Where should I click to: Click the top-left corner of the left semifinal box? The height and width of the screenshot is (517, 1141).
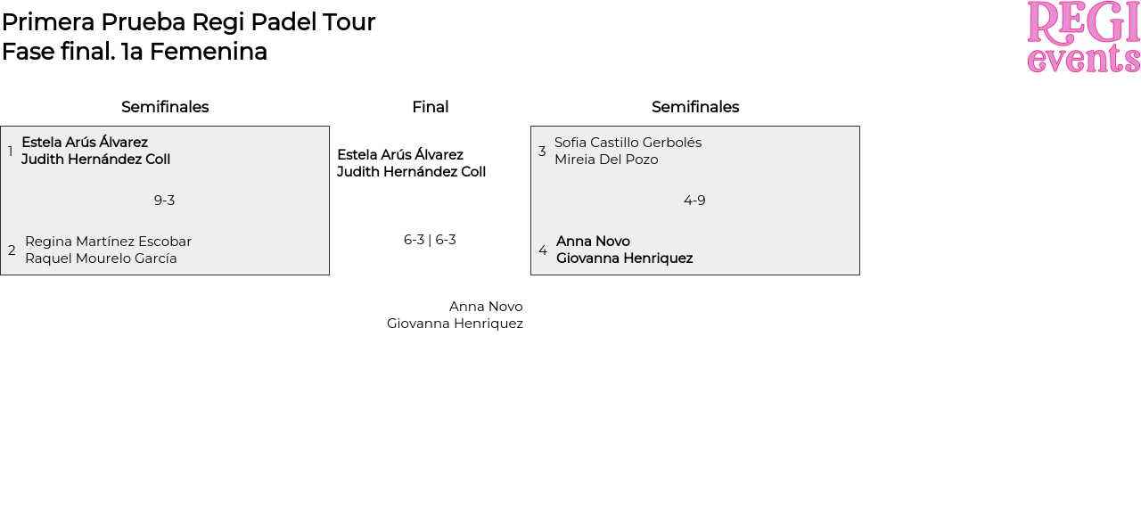click(x=1, y=127)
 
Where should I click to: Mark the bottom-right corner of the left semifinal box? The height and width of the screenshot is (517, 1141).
click(x=330, y=275)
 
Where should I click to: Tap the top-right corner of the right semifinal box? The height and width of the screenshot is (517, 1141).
click(x=860, y=127)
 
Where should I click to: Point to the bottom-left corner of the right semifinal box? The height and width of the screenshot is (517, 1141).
click(x=530, y=275)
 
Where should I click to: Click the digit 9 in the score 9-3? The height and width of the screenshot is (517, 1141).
click(x=158, y=201)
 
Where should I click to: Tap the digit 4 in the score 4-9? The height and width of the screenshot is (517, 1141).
click(x=687, y=201)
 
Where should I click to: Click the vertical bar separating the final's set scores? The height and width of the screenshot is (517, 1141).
click(x=430, y=240)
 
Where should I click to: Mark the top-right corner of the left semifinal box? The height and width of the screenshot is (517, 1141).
click(x=330, y=127)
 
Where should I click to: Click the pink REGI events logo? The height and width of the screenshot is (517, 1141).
click(x=1083, y=37)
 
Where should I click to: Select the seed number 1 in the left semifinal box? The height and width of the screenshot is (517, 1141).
click(x=10, y=151)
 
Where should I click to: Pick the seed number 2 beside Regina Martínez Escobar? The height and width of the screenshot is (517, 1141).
click(x=12, y=250)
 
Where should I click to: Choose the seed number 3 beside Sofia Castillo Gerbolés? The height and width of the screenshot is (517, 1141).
click(x=542, y=151)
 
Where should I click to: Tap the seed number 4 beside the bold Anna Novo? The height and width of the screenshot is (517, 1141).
click(x=543, y=250)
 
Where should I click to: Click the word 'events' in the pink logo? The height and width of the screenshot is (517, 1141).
click(x=1083, y=59)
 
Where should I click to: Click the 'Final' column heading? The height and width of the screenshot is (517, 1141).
click(x=431, y=107)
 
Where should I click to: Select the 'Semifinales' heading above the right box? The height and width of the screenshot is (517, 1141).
click(x=695, y=107)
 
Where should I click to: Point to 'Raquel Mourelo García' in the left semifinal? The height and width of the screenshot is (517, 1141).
click(x=101, y=258)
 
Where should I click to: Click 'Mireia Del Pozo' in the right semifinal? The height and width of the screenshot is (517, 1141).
click(x=606, y=160)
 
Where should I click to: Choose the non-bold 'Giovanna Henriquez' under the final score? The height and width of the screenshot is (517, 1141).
click(x=455, y=324)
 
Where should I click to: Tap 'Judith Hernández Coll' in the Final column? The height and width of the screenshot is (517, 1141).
click(x=412, y=172)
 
